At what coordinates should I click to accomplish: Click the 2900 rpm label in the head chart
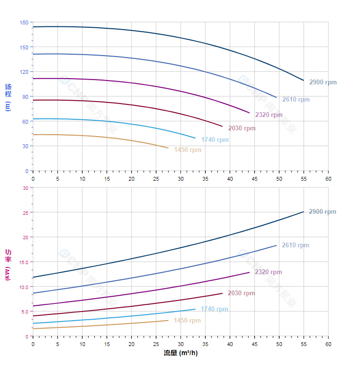(323, 82)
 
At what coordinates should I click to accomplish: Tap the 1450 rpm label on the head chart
(188, 150)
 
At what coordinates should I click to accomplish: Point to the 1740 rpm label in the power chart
(214, 309)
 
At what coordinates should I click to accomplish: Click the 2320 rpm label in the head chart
(269, 115)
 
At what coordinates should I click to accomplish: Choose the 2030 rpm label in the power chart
(241, 293)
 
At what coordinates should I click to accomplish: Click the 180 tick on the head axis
(24, 23)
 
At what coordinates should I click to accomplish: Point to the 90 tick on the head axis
(25, 97)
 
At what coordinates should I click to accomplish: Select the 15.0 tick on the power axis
(23, 262)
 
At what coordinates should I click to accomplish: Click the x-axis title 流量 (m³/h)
(180, 353)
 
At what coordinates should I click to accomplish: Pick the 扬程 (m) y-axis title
(8, 97)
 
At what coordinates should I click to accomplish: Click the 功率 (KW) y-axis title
(8, 265)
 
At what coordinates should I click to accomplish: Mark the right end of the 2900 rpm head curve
(304, 80)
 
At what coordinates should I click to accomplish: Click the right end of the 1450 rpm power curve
(168, 320)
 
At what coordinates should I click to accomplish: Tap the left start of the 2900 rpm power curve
(33, 277)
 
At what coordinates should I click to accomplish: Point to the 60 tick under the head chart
(328, 179)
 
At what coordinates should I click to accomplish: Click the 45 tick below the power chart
(254, 344)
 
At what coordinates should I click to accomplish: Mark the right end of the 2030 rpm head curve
(223, 127)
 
